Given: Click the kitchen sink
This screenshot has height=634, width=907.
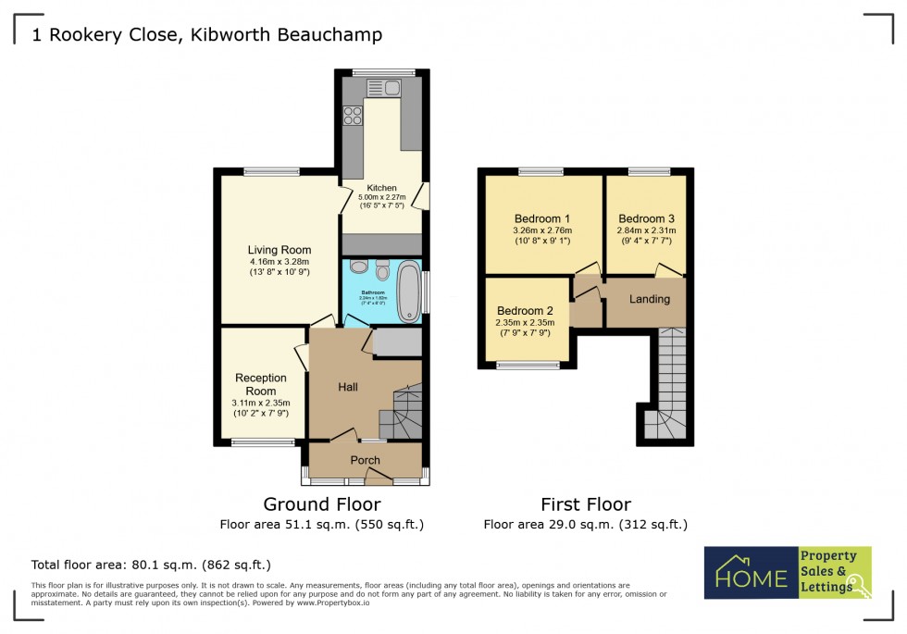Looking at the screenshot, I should pos(382,89).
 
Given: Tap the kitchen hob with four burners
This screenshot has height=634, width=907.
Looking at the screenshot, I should pos(353,116).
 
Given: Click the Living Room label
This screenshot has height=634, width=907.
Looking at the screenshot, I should pos(279,250).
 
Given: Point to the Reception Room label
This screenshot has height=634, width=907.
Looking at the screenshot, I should pos(261,384).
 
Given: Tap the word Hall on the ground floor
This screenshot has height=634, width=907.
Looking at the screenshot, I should pos(347,387).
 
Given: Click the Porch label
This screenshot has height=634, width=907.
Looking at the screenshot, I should pos(365,460).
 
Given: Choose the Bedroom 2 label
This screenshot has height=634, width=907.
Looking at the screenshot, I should pos(525,310).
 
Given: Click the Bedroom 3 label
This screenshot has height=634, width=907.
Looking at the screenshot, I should pos(646,218).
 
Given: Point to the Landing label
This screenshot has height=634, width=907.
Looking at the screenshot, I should pos(650,299).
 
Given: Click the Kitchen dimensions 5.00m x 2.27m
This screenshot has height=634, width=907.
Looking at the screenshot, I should pos(382,197).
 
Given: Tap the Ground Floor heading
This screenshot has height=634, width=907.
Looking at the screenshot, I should pos(321,504).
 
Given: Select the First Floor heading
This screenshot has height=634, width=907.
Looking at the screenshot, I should pos(586,504).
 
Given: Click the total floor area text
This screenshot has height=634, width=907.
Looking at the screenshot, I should pos(151,564).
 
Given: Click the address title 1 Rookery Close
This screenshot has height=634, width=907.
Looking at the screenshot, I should pos(207,35).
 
